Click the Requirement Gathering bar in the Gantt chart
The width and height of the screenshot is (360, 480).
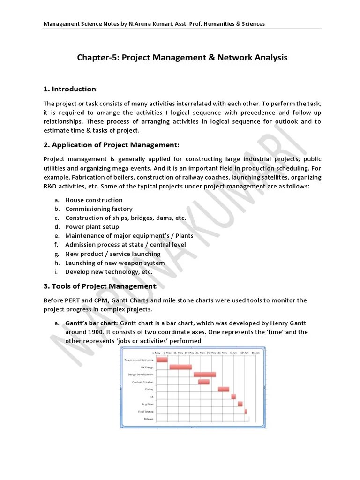(x=162, y=360)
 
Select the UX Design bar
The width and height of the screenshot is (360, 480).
(x=180, y=367)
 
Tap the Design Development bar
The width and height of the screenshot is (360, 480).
(x=205, y=375)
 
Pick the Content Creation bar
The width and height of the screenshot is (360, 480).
(x=203, y=382)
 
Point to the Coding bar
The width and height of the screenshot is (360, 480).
(x=224, y=389)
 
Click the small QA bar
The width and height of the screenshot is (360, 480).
(x=233, y=397)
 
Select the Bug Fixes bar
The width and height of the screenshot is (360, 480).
(x=240, y=404)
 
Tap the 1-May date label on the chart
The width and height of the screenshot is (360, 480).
(x=157, y=352)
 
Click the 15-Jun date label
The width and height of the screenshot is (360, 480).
(x=255, y=352)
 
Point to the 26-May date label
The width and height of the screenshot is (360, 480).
(x=211, y=352)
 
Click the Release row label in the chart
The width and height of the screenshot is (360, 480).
(x=149, y=418)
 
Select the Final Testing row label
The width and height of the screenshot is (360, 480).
(x=145, y=411)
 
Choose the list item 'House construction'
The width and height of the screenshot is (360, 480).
(x=94, y=200)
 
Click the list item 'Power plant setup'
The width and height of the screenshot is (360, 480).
(x=92, y=227)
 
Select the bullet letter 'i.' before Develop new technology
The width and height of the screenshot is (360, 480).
(x=56, y=271)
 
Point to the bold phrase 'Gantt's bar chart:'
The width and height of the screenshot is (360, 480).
(x=92, y=323)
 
